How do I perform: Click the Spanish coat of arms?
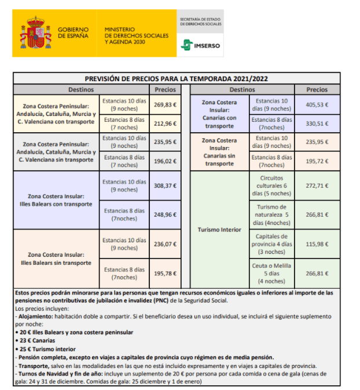36,33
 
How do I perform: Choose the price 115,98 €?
317,244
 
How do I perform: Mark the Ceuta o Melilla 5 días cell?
271,273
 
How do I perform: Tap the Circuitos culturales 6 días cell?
271,185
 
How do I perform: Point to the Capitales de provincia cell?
271,244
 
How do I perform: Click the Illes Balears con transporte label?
56,200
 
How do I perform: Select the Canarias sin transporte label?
219,152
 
